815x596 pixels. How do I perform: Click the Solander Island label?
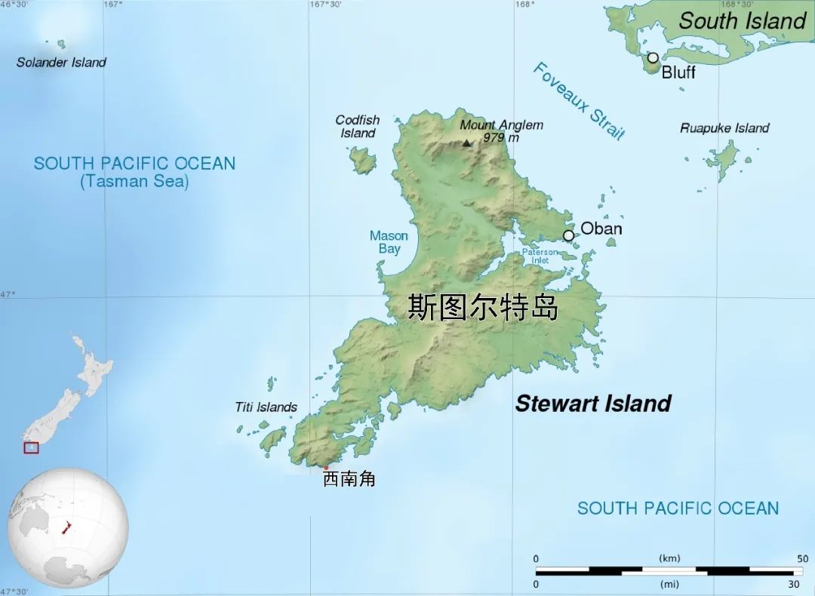[x=61, y=63]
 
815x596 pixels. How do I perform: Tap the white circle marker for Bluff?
[x=653, y=57]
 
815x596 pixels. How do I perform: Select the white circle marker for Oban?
[x=568, y=235]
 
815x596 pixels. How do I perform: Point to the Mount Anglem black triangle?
[x=467, y=143]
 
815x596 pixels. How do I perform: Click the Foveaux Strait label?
[x=579, y=101]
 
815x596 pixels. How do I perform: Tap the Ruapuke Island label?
[x=724, y=128]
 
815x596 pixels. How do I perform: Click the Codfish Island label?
[x=358, y=127]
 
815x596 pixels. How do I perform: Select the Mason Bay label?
[x=389, y=242]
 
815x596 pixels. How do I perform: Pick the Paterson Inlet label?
[x=540, y=257]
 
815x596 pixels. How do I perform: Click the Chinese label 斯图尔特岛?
[x=483, y=308]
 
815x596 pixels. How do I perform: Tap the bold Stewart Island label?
[x=593, y=404]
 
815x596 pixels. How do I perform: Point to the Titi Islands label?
[x=266, y=407]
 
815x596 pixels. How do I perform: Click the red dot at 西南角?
[x=326, y=468]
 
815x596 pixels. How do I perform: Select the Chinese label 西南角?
[x=349, y=479]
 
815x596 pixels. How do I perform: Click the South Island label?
[x=743, y=21]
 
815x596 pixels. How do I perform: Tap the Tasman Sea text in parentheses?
[x=134, y=181]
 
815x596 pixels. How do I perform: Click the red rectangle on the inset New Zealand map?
[x=31, y=447]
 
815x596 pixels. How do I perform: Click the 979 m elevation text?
[x=502, y=137]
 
